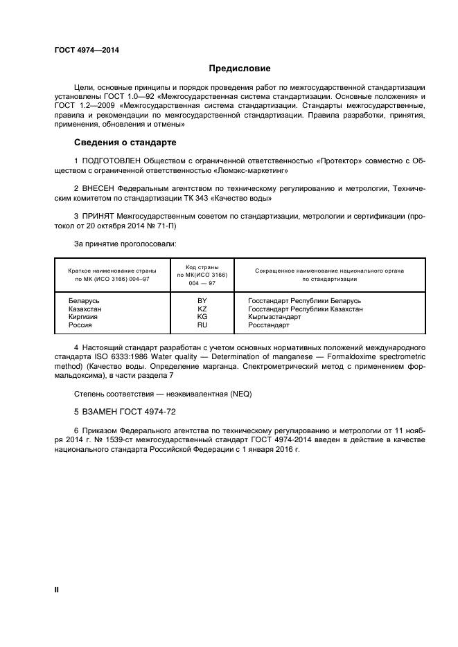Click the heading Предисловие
coord(240,69)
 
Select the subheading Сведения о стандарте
coord(125,143)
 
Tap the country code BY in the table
coord(202,301)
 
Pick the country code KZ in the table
coord(202,309)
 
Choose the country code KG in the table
coord(202,317)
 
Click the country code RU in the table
coord(202,325)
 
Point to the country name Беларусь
coord(85,301)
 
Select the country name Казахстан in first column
coord(85,309)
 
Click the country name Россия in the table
coord(80,325)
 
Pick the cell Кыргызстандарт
coord(274,317)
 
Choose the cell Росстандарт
coord(269,325)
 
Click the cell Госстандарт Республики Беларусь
coord(304,301)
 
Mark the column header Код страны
coord(202,266)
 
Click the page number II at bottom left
coord(57,590)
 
